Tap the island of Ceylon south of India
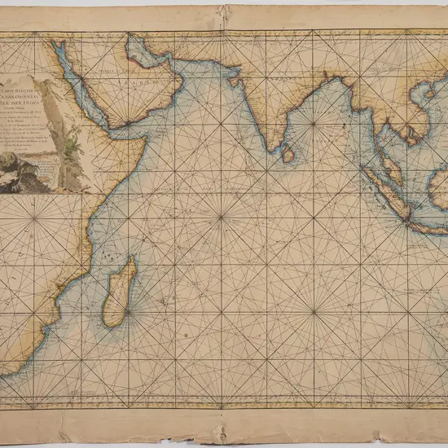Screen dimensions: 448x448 287,152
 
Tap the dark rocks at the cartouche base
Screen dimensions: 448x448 24,175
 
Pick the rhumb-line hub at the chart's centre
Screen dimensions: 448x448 222,217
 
